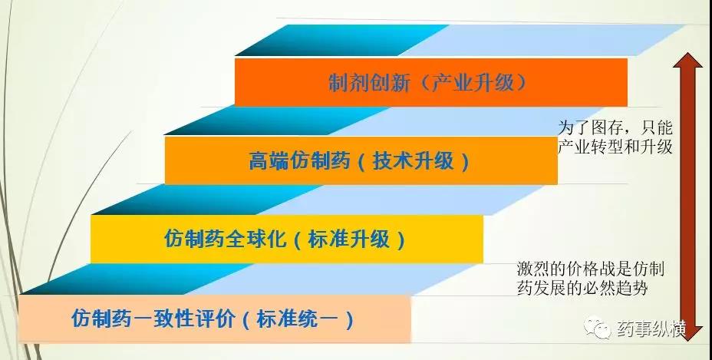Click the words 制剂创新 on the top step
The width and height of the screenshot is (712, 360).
click(370, 83)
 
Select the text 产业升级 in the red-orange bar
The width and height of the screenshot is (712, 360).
click(473, 83)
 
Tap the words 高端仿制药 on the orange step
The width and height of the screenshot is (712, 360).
click(299, 161)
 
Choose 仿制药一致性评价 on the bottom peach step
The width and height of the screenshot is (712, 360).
click(153, 319)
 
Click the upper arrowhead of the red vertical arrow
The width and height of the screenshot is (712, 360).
click(688, 61)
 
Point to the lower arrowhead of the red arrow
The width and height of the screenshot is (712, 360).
click(687, 332)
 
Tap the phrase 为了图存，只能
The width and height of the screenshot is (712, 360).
click(615, 128)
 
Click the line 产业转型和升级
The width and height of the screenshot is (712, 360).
click(615, 147)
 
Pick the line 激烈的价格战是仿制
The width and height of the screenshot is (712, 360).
click(591, 269)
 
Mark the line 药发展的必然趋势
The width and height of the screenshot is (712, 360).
click(582, 288)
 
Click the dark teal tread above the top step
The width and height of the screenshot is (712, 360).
click(341, 40)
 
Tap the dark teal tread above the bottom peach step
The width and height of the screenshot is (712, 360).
click(135, 279)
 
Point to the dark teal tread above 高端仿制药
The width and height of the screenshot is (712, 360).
click(277, 121)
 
